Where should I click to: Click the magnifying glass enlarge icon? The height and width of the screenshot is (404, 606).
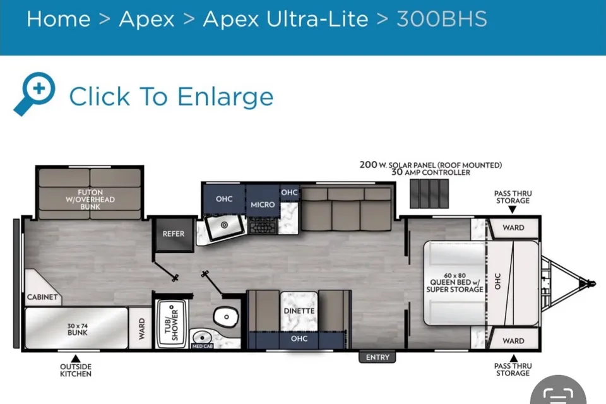point(35,93)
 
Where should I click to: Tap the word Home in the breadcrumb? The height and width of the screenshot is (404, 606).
point(58,18)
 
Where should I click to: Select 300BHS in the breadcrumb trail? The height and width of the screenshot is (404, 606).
point(442,18)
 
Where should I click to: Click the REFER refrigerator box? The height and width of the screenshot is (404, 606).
point(174,234)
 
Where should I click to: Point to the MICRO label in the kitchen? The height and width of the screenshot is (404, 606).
point(263,205)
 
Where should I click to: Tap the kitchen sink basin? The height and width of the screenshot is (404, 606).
point(225,225)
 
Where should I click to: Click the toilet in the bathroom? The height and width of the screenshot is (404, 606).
point(226,317)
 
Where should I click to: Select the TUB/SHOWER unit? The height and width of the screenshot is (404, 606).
point(172,323)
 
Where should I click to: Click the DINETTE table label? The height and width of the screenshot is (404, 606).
point(299,311)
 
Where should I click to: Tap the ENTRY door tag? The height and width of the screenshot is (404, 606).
point(377,357)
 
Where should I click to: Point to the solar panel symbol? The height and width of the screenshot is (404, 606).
point(429,193)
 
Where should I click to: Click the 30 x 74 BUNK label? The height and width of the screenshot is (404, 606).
point(77,329)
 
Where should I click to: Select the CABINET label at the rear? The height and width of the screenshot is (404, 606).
point(42,297)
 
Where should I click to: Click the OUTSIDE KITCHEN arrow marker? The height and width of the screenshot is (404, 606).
point(76,359)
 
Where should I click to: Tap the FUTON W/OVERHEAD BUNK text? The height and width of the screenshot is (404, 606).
point(90,199)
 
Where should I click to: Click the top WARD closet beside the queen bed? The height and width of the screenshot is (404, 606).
point(514,228)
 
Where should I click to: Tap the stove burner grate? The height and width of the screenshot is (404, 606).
point(263,228)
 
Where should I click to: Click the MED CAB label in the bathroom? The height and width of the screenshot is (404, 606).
point(202,346)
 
